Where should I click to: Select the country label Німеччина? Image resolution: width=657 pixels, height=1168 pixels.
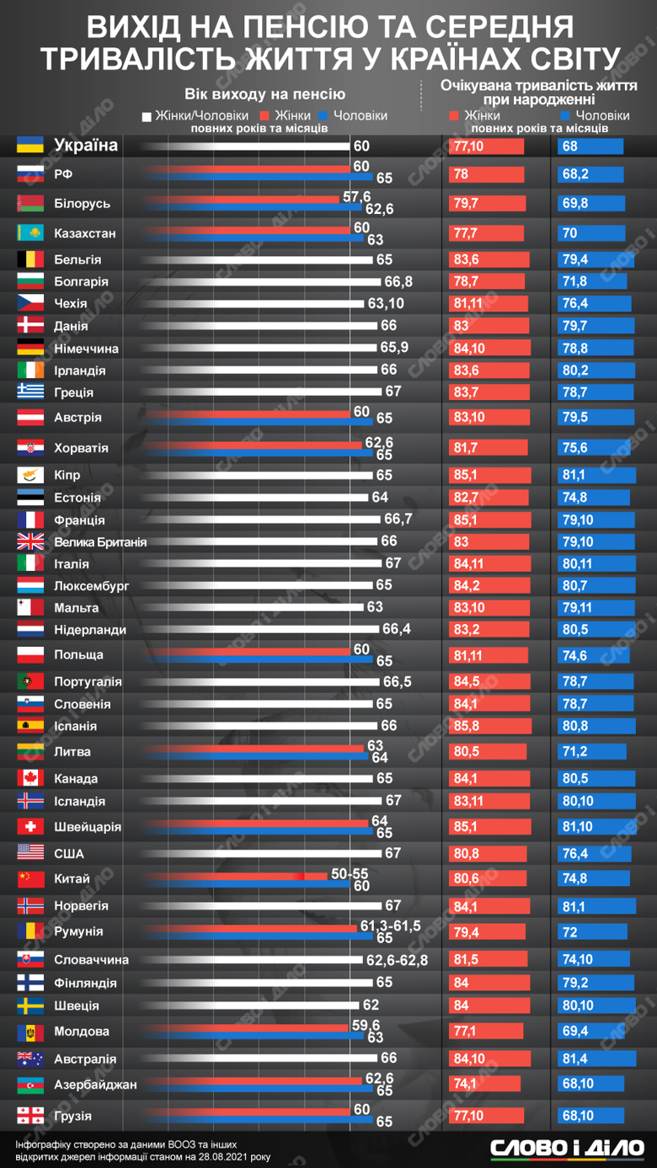pyautogui.click(x=86, y=349)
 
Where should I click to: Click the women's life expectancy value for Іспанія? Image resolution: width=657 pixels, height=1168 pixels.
pyautogui.click(x=466, y=726)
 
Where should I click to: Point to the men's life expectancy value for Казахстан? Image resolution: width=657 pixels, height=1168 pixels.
pyautogui.click(x=569, y=233)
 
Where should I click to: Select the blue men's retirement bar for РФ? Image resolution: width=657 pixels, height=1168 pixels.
pyautogui.click(x=253, y=179)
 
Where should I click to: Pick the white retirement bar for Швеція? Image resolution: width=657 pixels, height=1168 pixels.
pyautogui.click(x=253, y=1005)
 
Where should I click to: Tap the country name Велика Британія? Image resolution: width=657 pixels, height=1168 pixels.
pyautogui.click(x=99, y=542)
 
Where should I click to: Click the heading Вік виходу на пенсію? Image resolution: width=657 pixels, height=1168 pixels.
pyautogui.click(x=264, y=94)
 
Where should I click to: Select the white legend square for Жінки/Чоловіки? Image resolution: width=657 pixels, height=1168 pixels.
pyautogui.click(x=147, y=116)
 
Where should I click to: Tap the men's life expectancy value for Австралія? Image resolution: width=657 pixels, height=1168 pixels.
pyautogui.click(x=570, y=1059)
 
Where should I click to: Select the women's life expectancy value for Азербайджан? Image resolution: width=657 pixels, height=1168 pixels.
pyautogui.click(x=466, y=1085)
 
